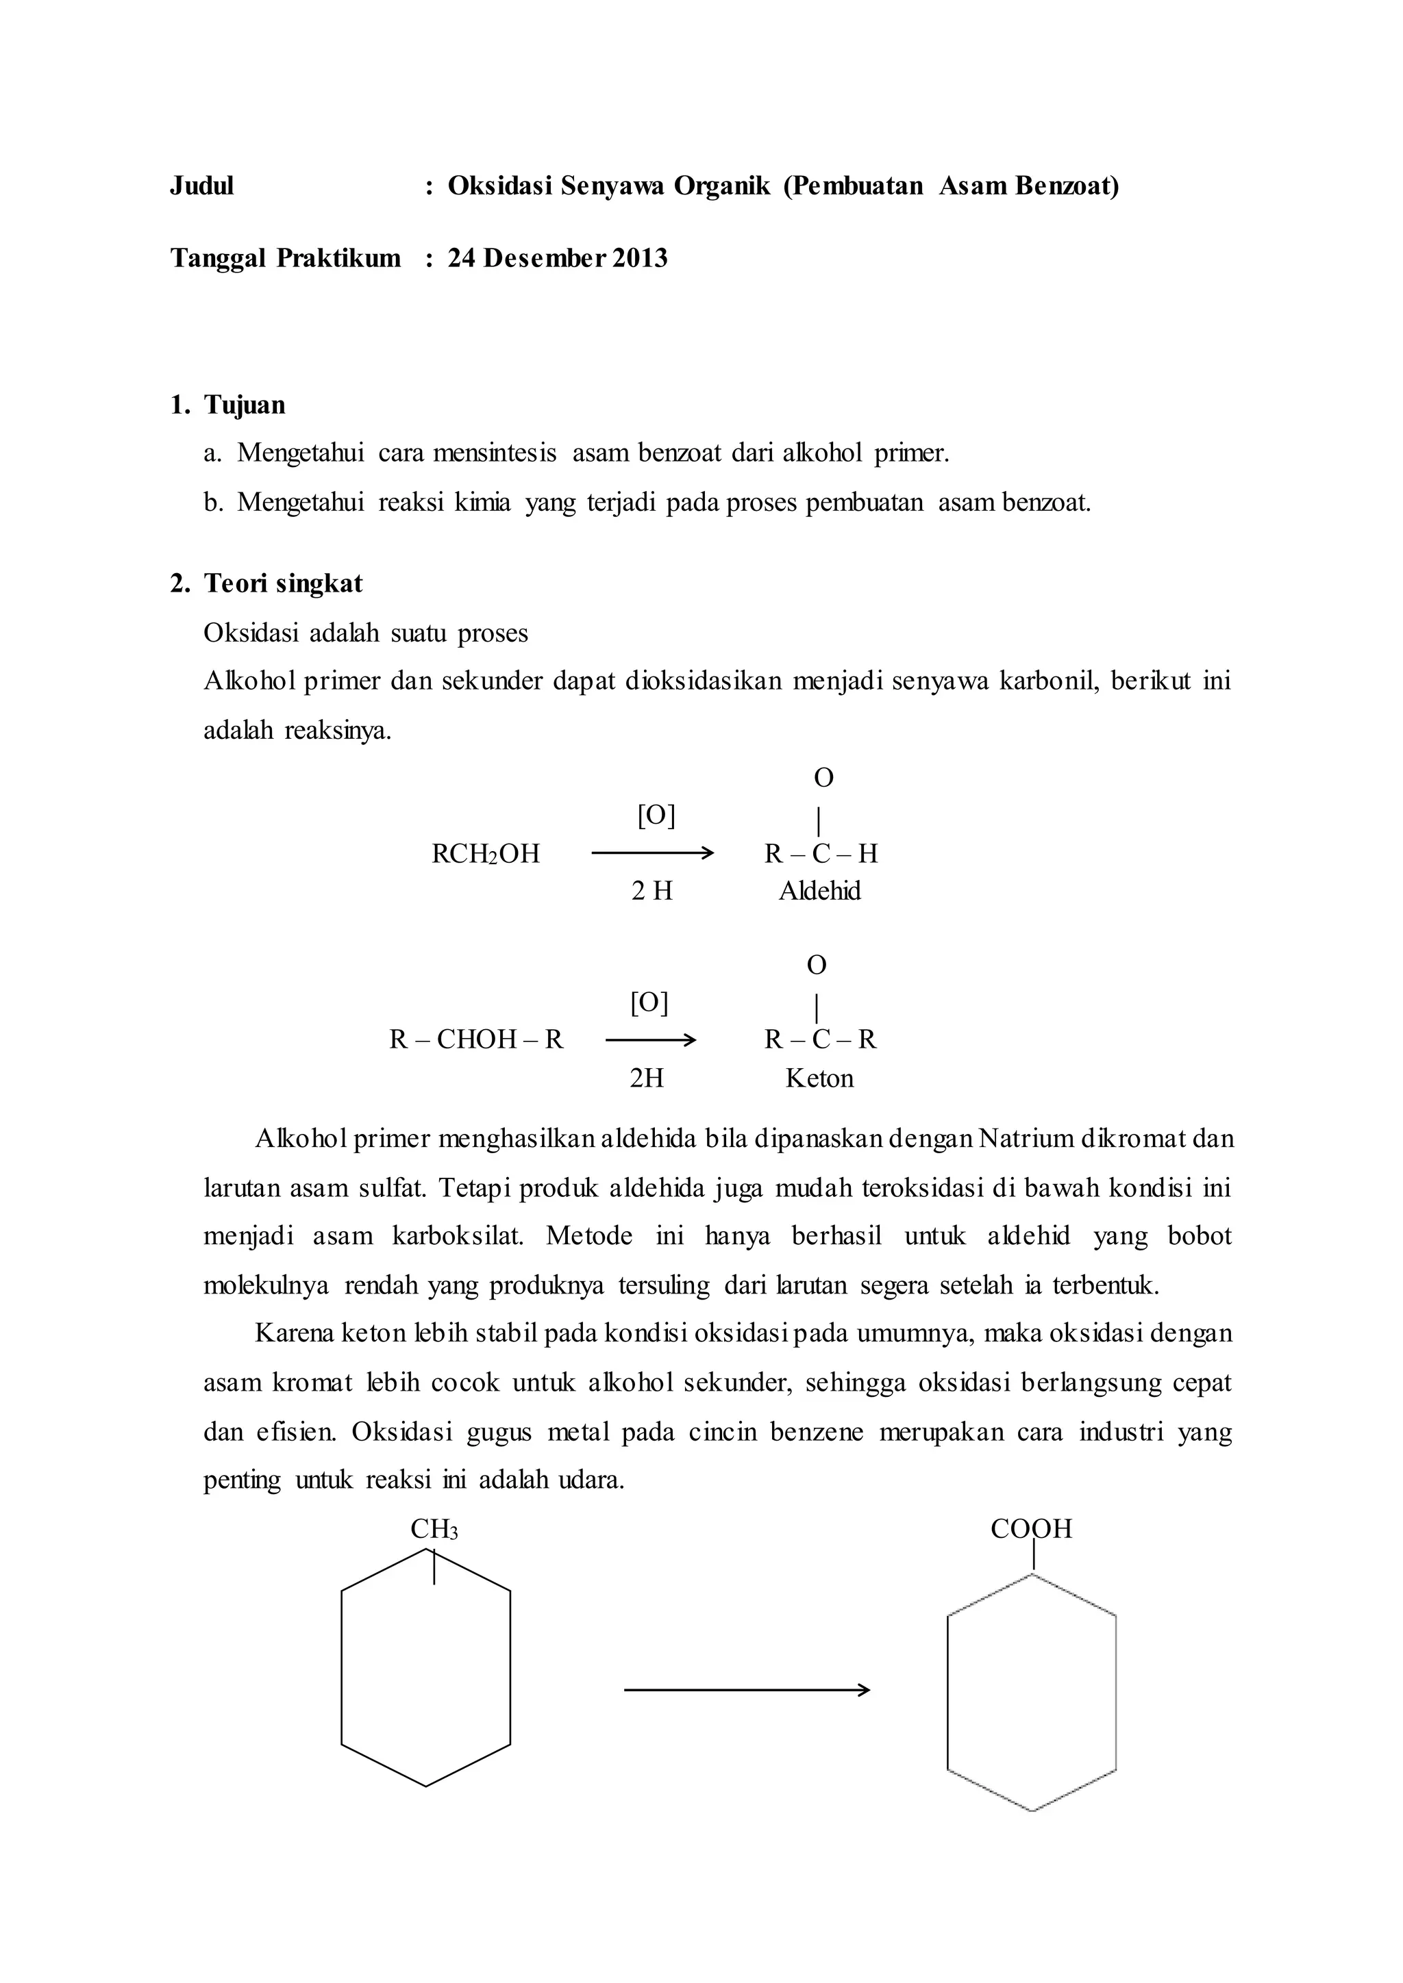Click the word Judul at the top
point(201,186)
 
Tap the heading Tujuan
point(245,405)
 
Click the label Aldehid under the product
point(819,892)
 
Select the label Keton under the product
point(819,1078)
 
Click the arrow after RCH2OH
point(652,854)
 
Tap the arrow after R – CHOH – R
point(649,1040)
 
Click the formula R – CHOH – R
point(476,1040)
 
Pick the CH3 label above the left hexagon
point(434,1530)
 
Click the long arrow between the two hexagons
point(747,1690)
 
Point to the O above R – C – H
point(823,778)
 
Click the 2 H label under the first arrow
point(651,892)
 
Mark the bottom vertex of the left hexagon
point(426,1786)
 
